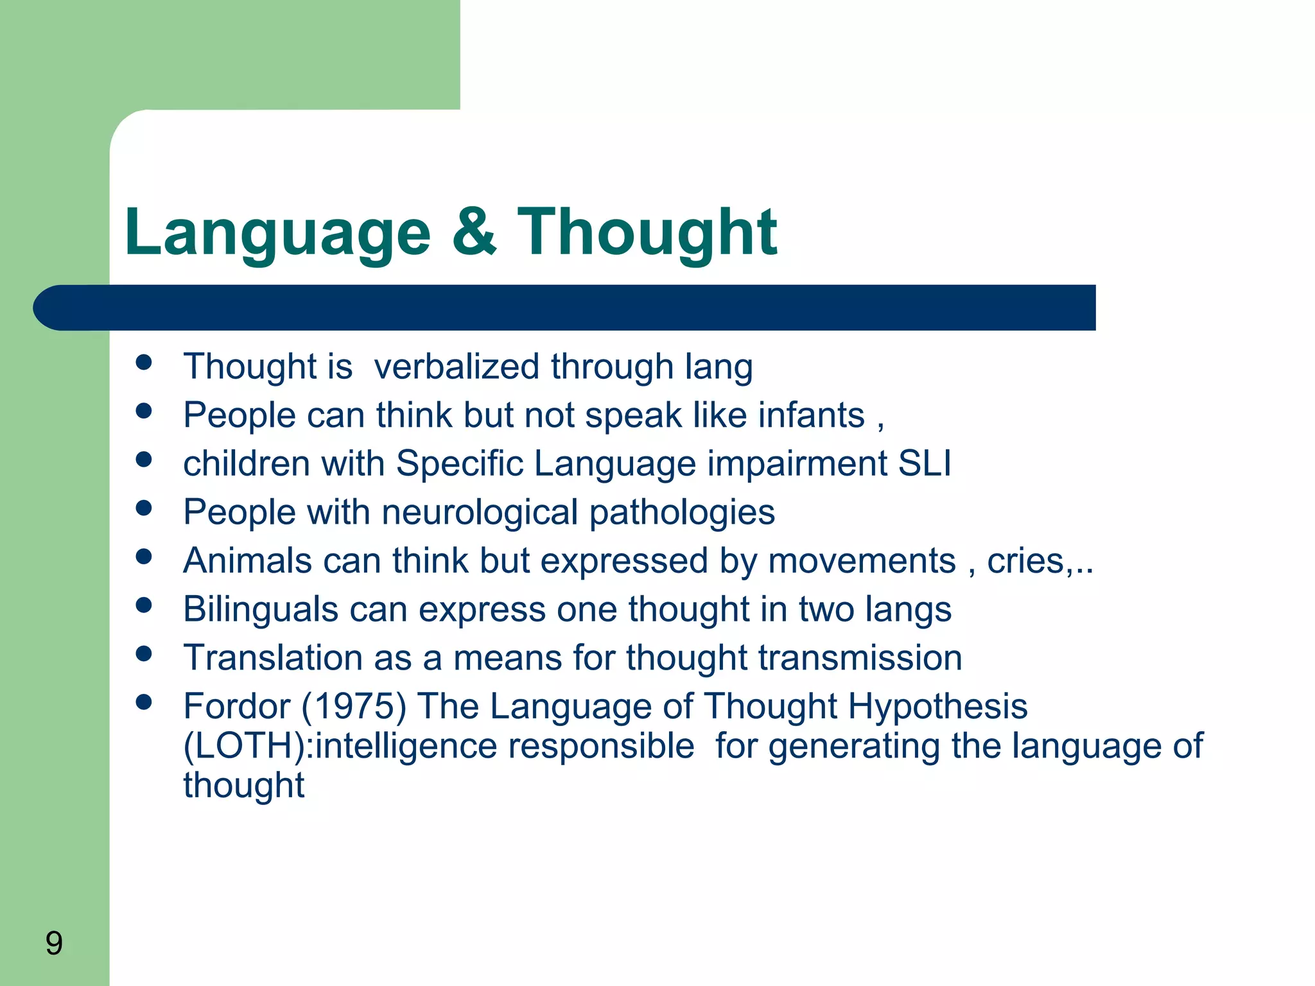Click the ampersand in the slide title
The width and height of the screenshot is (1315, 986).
coord(475,232)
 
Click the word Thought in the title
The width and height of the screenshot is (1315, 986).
coord(647,232)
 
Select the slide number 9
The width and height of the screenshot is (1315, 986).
coord(54,944)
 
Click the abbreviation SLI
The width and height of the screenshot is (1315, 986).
coord(925,463)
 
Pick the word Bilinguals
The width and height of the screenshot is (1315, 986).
coord(260,609)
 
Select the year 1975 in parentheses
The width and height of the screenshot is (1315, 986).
coord(354,706)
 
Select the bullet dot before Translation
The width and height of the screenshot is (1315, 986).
coord(144,653)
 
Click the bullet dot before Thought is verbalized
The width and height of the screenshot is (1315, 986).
coord(144,362)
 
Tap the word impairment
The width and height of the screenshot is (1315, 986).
coord(797,463)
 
